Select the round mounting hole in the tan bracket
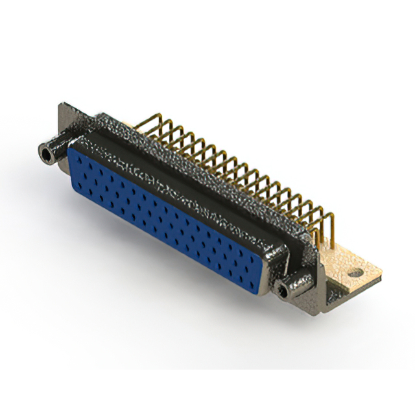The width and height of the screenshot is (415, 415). point(355,273)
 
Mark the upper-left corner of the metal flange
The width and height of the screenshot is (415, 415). point(61,105)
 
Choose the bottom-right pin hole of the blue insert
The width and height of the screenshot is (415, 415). point(256,276)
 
